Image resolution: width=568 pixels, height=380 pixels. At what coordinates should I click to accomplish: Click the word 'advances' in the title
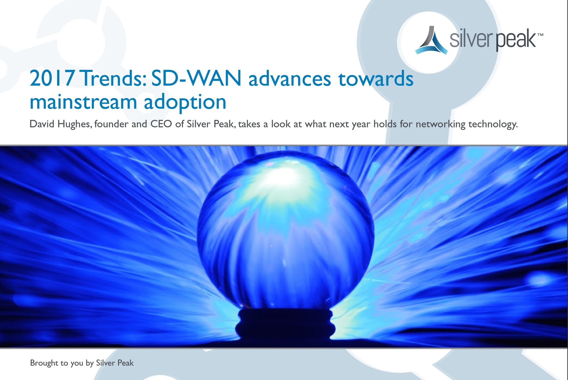point(289,79)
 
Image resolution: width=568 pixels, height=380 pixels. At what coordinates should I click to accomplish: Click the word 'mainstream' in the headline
point(83,102)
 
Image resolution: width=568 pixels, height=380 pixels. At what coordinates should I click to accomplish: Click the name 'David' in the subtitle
point(42,124)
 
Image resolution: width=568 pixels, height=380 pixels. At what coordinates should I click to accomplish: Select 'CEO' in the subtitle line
point(161,124)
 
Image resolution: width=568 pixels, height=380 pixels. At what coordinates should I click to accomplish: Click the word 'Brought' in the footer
point(44,363)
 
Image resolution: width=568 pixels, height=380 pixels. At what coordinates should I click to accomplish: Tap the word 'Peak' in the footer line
point(125,363)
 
